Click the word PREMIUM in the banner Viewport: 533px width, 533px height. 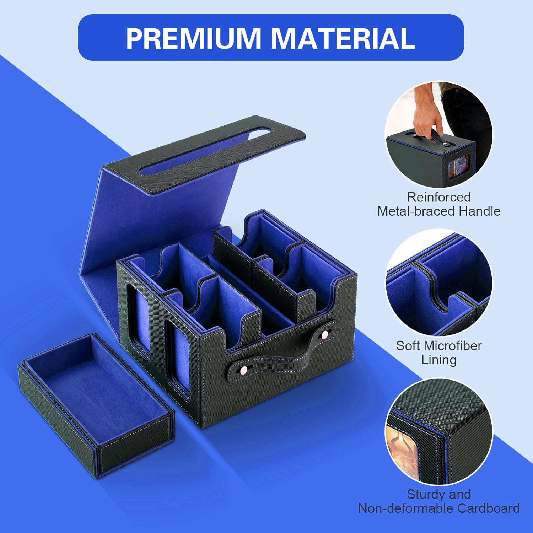click(193, 38)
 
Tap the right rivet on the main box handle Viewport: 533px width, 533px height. click(324, 335)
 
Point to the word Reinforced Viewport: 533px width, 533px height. click(439, 197)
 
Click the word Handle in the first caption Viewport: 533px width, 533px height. click(479, 211)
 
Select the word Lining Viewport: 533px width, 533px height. click(439, 360)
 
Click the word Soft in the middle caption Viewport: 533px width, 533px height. click(409, 345)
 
